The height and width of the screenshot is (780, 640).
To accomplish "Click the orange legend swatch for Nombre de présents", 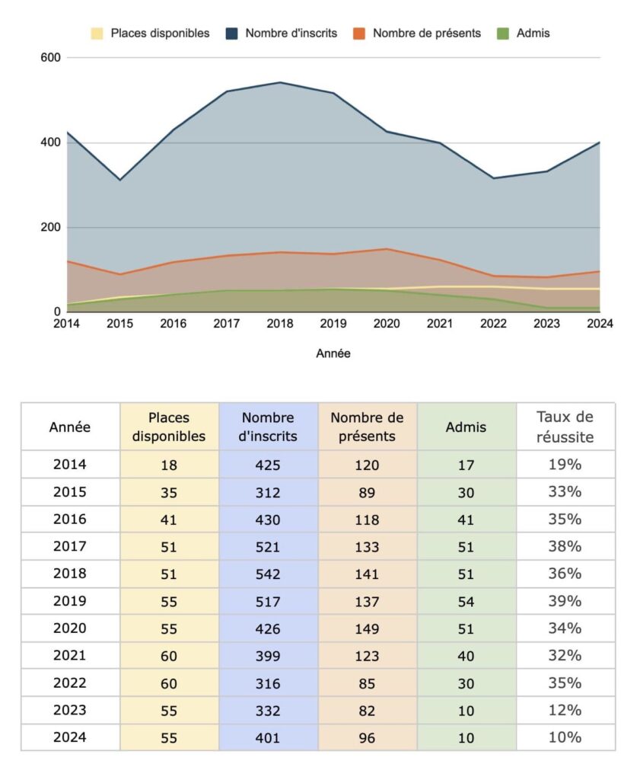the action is coord(358,34).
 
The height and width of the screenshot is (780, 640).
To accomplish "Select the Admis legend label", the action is coord(533,34).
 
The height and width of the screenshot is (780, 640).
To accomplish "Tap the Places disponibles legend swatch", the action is coord(97,34).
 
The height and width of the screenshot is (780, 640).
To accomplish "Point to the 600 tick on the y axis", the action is coord(51,58).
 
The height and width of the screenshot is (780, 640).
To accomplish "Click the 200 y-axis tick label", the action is coord(51,227).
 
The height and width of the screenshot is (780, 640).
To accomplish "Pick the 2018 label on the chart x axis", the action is coord(280,324).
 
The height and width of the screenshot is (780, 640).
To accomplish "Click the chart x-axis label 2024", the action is coord(600,324).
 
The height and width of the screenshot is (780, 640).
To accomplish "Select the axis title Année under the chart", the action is coord(333,353).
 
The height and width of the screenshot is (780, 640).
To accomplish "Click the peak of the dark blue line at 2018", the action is coord(280,82).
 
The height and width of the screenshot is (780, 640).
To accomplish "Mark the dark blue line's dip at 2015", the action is coord(119,180).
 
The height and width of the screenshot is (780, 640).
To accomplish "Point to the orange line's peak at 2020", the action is coord(387,249).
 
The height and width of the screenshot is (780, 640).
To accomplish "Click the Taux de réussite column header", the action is coord(565,427).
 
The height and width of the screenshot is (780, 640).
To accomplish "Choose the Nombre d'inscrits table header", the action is coord(268,427).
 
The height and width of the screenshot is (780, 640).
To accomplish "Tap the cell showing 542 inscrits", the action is coord(268,574).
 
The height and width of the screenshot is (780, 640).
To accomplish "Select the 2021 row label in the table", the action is coord(69,656).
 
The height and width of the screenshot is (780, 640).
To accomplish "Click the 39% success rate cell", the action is coord(565,601).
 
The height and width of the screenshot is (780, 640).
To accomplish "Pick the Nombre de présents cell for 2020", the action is coord(367,628).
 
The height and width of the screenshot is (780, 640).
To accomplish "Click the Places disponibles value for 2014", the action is coord(169,465).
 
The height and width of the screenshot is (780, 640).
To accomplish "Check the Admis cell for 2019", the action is coord(466,602).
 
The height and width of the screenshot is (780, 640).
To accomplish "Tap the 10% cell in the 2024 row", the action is coord(565,737).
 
